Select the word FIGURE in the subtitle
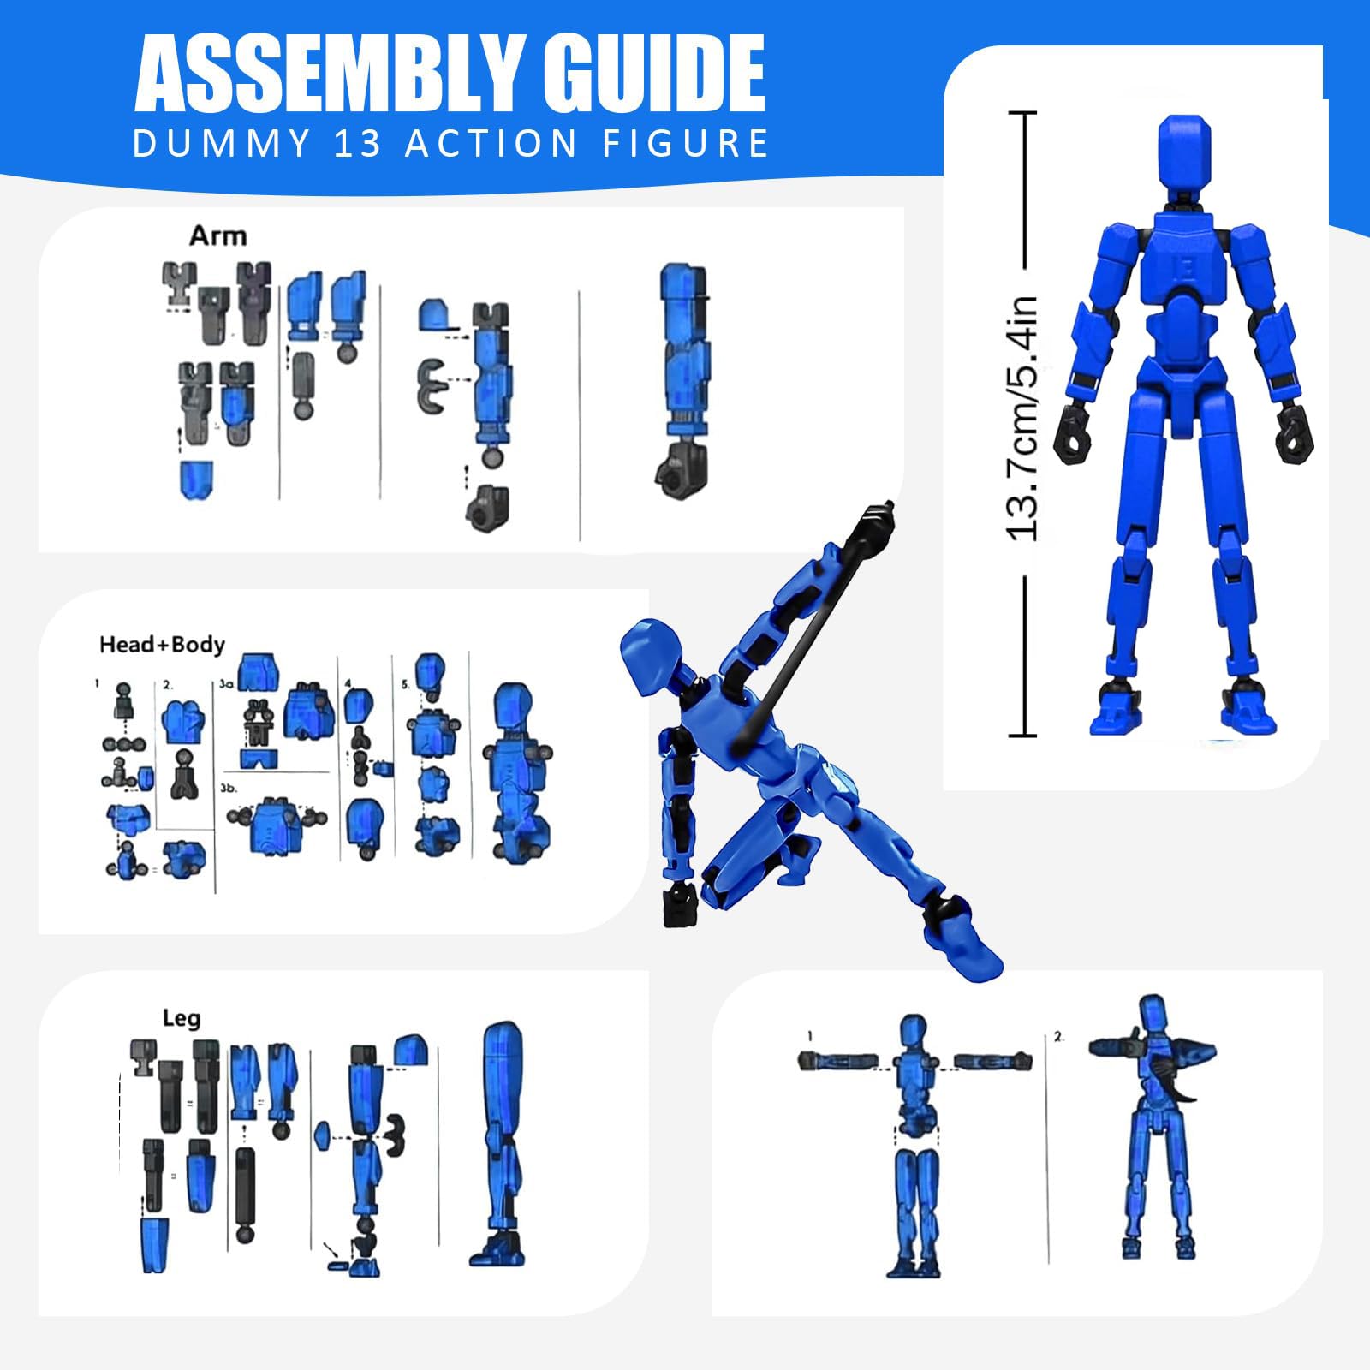click(x=686, y=143)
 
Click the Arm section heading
click(x=217, y=235)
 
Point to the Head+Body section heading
click(x=162, y=644)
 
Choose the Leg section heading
click(x=182, y=1018)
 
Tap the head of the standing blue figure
click(x=1184, y=157)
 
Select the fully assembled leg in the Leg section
click(x=500, y=1144)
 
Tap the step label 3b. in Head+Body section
click(x=229, y=788)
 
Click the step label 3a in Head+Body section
click(x=226, y=685)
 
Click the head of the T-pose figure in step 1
click(x=914, y=1033)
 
